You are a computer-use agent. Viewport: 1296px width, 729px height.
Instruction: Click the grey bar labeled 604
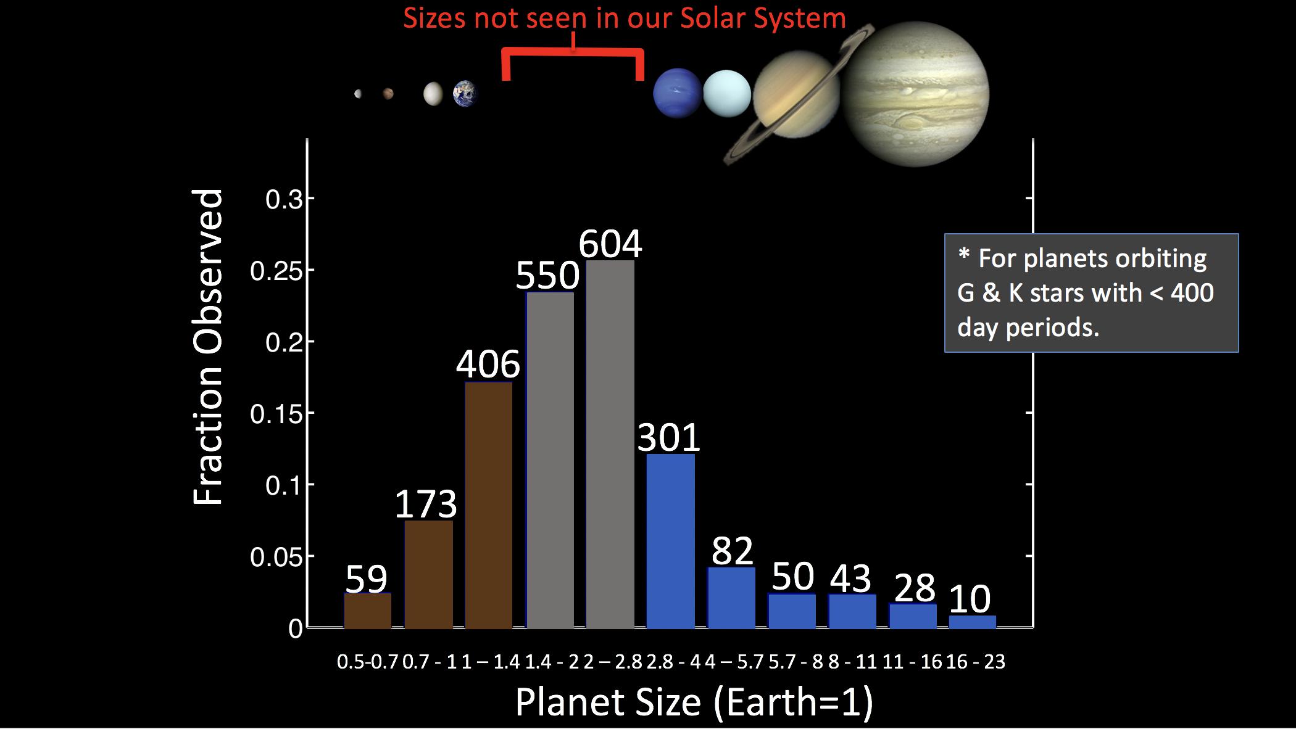tap(610, 444)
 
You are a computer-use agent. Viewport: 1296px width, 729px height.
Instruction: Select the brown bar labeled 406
tap(489, 506)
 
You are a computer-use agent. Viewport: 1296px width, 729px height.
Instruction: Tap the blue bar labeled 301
tap(670, 542)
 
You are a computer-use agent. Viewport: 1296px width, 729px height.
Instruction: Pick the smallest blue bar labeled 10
tap(972, 622)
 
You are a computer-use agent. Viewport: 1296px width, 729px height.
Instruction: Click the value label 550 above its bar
tap(547, 276)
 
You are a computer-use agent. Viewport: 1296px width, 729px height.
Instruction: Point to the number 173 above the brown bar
tap(426, 504)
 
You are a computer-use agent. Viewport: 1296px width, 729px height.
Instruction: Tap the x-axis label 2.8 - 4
tap(674, 662)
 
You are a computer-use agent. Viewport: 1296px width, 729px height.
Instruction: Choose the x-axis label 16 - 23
tap(975, 662)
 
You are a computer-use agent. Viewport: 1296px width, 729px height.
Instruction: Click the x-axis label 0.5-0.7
tap(368, 662)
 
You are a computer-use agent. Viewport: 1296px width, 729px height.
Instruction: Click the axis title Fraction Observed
tap(208, 347)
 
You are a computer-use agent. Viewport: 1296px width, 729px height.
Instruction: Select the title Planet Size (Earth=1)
tap(694, 702)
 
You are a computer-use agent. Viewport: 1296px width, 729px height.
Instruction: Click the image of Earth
tap(465, 94)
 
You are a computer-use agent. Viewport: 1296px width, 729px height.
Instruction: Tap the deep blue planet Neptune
tap(677, 93)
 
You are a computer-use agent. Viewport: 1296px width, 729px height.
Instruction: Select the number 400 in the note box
tap(1192, 292)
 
